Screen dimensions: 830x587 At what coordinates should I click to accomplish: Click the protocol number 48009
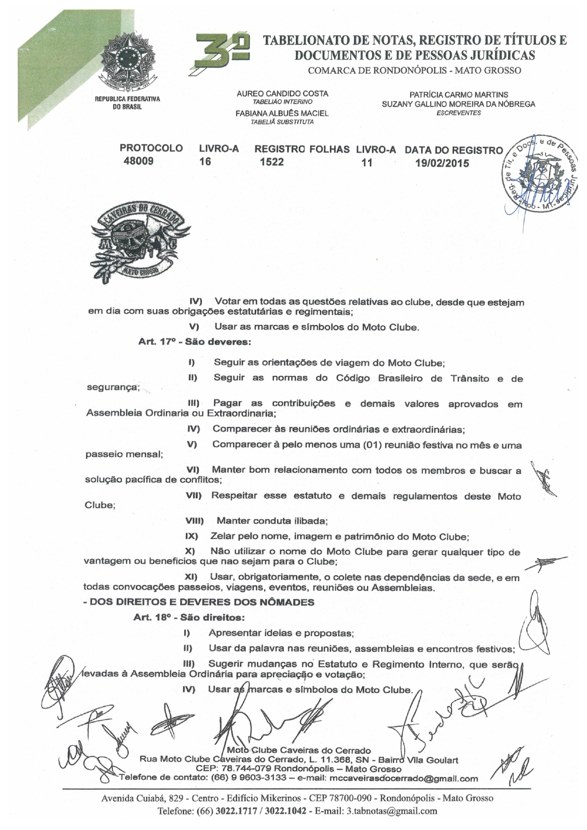click(x=138, y=161)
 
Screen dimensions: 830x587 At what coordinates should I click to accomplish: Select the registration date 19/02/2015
click(x=442, y=163)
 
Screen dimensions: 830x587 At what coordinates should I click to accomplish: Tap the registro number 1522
click(x=272, y=162)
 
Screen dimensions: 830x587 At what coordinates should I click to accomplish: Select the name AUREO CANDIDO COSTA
click(x=282, y=94)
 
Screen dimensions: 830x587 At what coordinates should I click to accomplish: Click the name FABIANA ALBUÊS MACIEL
click(x=282, y=114)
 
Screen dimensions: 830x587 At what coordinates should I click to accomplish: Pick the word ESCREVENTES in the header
click(x=458, y=113)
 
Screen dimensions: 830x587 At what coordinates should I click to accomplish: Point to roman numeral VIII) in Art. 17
click(x=194, y=521)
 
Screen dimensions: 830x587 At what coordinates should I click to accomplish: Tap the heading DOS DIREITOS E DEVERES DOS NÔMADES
click(x=199, y=602)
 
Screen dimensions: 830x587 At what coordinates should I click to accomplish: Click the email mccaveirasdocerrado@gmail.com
click(x=403, y=778)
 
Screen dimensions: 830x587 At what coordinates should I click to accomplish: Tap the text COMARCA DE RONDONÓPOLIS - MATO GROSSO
click(x=414, y=71)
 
